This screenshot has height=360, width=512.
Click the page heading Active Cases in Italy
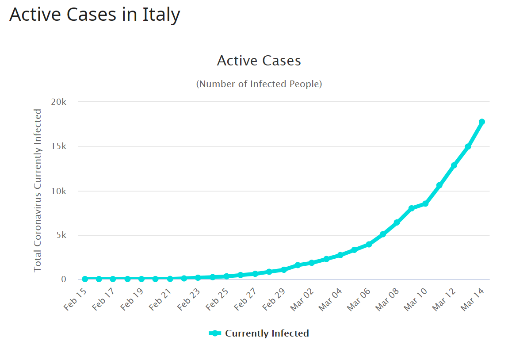(95, 15)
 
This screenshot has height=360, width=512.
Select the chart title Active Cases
(259, 61)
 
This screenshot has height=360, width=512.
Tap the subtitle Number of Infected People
(259, 84)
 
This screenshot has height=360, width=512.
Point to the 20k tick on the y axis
(58, 102)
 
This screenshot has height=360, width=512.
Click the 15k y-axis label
(58, 146)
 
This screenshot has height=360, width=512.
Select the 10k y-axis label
(58, 191)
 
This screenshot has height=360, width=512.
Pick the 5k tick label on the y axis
(61, 235)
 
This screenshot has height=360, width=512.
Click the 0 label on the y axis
(64, 279)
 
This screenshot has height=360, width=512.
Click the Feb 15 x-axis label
(75, 299)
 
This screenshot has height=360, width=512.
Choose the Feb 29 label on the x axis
(274, 299)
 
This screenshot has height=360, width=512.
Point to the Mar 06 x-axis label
(359, 299)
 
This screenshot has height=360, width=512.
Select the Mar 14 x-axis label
(472, 299)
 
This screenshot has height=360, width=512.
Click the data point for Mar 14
(482, 122)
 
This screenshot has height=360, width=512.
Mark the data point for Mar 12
(454, 165)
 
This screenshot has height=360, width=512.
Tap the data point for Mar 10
(425, 203)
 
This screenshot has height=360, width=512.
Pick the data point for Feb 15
(85, 279)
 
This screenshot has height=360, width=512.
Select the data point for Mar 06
(369, 244)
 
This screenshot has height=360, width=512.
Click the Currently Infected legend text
(267, 333)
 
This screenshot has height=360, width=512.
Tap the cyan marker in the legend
(214, 333)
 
